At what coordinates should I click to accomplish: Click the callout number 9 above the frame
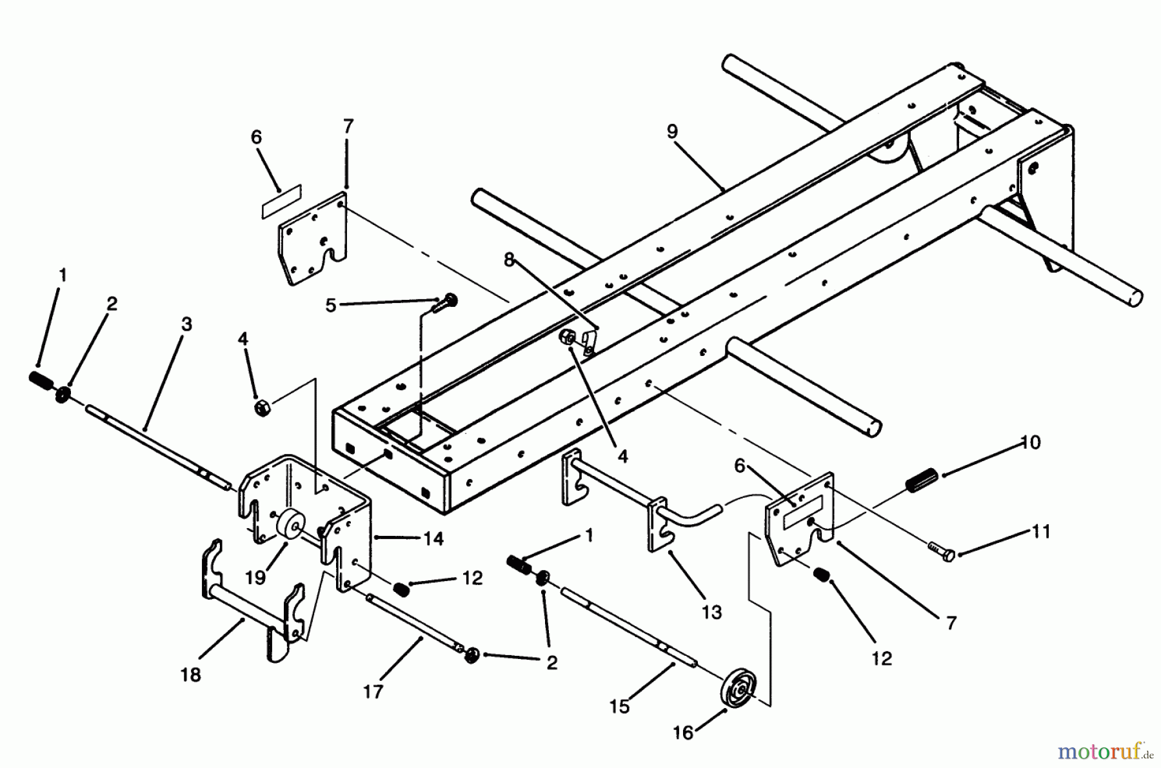click(x=672, y=132)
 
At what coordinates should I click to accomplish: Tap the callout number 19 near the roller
click(x=255, y=577)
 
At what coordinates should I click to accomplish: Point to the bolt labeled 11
click(x=941, y=549)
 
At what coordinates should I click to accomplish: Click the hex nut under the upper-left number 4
click(x=262, y=408)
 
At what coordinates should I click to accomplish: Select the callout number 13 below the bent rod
click(x=711, y=612)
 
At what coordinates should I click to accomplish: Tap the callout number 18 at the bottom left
click(x=191, y=674)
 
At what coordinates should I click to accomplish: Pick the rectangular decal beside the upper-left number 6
click(x=281, y=201)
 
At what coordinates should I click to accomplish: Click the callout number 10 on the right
click(x=1030, y=442)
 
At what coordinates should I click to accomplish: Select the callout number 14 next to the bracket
click(x=433, y=538)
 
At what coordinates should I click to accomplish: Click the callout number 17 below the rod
click(x=373, y=691)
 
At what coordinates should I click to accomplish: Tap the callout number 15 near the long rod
click(x=619, y=706)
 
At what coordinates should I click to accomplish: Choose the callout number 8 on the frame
click(x=509, y=260)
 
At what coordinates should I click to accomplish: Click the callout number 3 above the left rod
click(x=186, y=324)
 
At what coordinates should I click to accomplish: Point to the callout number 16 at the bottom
click(x=683, y=733)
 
